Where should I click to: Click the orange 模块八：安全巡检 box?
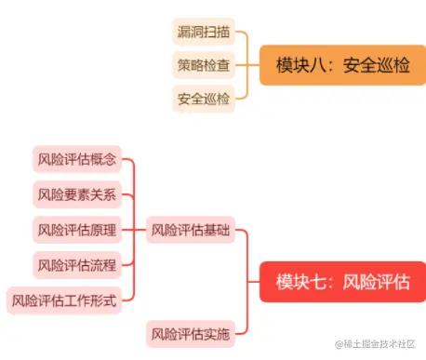pos(341,65)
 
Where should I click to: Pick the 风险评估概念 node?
pos(76,159)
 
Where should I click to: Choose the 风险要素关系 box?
pos(76,194)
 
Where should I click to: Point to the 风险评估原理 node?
pos(76,229)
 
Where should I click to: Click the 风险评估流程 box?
pos(76,264)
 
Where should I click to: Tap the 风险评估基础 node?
pos(191,229)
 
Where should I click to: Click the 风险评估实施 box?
pos(191,332)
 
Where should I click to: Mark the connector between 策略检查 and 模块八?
pos(246,65)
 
